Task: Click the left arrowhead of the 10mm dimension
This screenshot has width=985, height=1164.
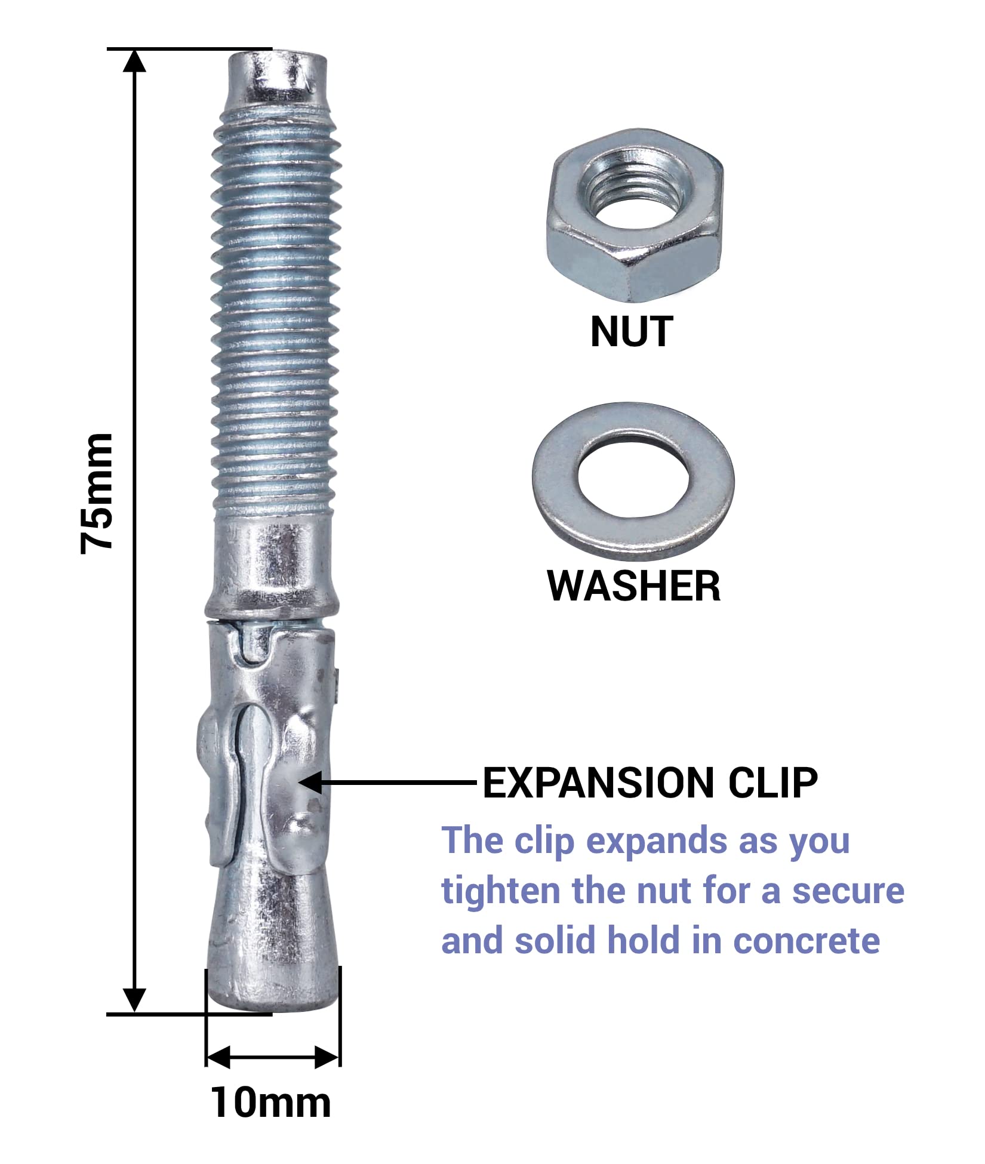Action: [218, 1057]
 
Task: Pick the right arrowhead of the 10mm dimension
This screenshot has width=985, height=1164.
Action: [327, 1057]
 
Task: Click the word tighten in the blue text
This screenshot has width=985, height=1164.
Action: [501, 891]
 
